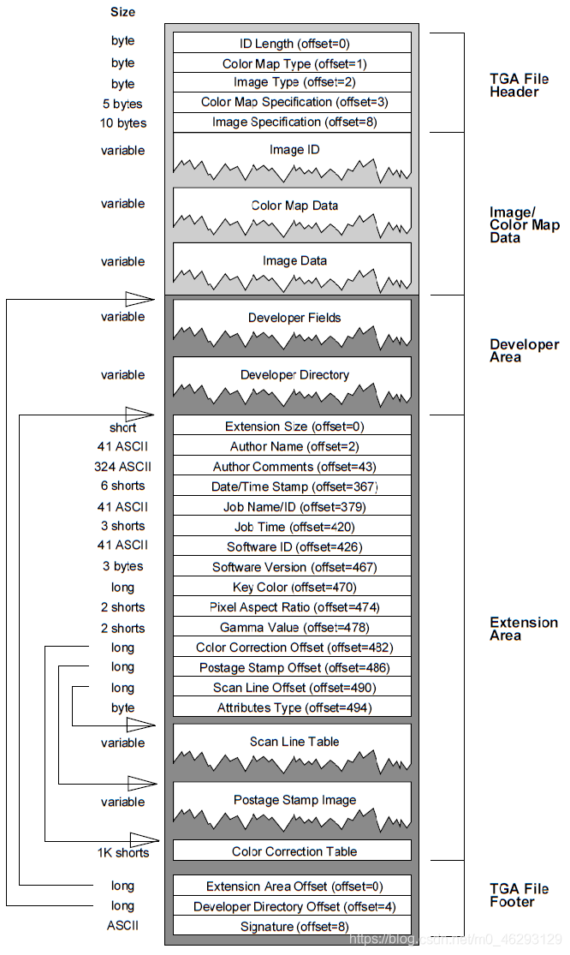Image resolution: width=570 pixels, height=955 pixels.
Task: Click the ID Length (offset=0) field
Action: point(292,43)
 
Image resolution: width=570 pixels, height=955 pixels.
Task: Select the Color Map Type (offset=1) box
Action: point(292,63)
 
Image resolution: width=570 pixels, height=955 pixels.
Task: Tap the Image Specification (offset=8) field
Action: point(292,122)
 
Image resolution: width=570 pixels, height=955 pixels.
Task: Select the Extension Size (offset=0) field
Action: point(292,427)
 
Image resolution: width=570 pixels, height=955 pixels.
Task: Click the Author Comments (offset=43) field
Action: point(292,467)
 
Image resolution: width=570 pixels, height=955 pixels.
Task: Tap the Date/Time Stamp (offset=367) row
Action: point(292,486)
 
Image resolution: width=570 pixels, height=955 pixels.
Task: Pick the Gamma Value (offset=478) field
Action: point(292,628)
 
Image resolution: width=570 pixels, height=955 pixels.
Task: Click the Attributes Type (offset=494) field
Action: point(292,707)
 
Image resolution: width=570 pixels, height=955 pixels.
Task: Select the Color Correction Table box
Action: point(292,851)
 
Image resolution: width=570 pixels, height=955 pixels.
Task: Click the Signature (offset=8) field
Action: point(292,926)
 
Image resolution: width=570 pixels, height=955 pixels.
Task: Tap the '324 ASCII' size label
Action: point(122,467)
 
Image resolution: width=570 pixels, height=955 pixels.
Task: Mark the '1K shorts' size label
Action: point(122,852)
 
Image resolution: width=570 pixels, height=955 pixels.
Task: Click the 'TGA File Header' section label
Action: point(519,86)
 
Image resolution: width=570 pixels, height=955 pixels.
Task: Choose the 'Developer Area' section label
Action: point(524,350)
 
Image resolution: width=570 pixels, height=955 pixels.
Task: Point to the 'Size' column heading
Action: point(122,12)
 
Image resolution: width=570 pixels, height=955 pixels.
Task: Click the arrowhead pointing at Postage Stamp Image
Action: point(143,783)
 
